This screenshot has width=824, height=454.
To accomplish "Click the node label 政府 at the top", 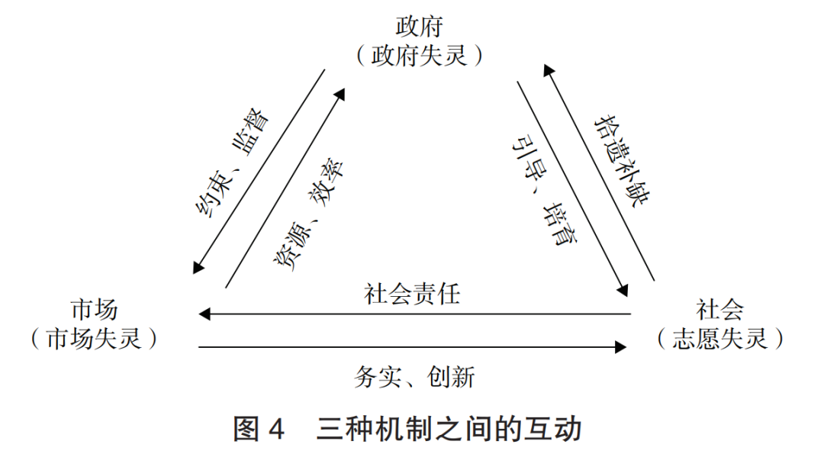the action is click(418, 25).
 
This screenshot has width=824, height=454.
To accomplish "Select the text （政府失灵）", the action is click(419, 55).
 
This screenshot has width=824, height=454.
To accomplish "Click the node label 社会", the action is click(719, 309).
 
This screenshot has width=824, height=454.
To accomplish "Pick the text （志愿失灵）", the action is click(719, 338).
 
